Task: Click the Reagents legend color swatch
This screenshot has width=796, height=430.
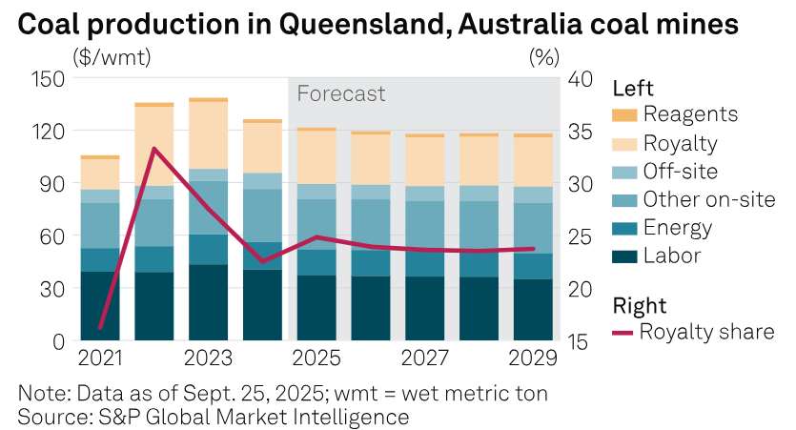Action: tap(623, 115)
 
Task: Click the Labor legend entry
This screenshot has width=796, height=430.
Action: tap(671, 256)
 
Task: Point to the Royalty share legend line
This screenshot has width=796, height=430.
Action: tap(623, 333)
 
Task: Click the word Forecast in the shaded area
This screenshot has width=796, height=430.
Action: tap(341, 93)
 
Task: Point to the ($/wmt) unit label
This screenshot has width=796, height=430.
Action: tap(112, 56)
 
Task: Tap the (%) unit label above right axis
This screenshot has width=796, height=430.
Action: tap(542, 56)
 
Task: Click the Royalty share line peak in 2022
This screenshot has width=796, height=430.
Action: tap(153, 149)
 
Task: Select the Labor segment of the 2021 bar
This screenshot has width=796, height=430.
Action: tap(100, 305)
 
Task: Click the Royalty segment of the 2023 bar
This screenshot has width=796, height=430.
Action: tap(208, 134)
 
